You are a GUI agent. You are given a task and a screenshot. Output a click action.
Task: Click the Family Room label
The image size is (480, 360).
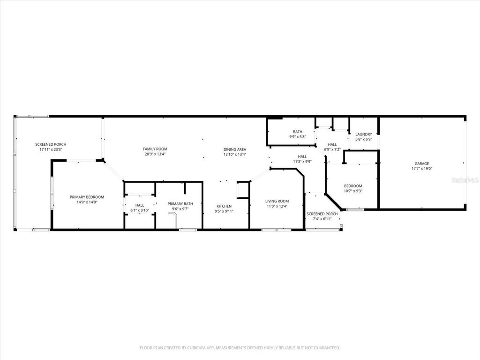[x=155, y=149]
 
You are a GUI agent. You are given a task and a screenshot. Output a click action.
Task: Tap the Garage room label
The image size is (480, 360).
[x=421, y=164]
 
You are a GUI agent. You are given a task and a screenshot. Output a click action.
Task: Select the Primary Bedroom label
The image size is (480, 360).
[x=87, y=197]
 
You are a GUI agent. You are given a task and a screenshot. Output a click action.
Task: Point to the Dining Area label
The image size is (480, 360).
[x=234, y=149]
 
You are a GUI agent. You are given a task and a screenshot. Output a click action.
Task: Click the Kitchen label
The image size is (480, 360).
[x=224, y=206]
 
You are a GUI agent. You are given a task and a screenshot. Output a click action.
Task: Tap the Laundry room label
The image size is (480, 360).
[x=363, y=134]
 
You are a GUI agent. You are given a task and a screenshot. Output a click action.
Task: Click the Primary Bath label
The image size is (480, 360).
[x=180, y=203]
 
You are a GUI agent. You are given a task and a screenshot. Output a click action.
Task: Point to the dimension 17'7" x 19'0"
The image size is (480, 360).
[x=421, y=169]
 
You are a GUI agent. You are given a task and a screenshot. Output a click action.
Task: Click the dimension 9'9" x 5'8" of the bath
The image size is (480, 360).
[x=297, y=137]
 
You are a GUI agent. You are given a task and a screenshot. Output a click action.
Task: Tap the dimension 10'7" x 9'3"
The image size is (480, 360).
[x=353, y=191]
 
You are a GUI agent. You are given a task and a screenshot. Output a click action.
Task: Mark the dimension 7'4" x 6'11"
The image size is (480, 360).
[x=322, y=219]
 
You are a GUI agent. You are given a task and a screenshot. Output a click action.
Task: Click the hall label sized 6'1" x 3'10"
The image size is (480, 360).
[x=140, y=205]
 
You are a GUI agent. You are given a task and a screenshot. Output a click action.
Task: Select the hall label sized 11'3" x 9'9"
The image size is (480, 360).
[x=302, y=157]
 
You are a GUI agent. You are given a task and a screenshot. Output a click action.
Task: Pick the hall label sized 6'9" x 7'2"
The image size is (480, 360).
[x=332, y=144]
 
